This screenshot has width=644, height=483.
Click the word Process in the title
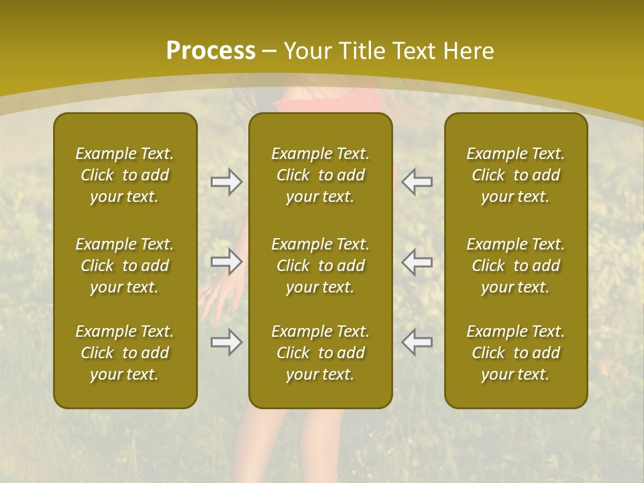pyautogui.click(x=211, y=51)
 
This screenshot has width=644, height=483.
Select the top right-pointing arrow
pyautogui.click(x=226, y=182)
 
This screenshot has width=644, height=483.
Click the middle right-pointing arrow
pyautogui.click(x=226, y=262)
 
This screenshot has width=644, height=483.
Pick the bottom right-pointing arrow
pyautogui.click(x=226, y=342)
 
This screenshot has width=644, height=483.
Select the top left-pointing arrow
pyautogui.click(x=417, y=182)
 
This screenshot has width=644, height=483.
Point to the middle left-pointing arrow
pyautogui.click(x=417, y=262)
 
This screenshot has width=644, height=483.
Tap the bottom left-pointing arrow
pyautogui.click(x=417, y=342)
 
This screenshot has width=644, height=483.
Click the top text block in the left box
pyautogui.click(x=125, y=175)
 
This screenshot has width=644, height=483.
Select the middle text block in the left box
pyautogui.click(x=125, y=266)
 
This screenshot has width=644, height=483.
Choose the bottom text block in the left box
pyautogui.click(x=125, y=353)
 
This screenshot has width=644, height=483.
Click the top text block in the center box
pyautogui.click(x=321, y=175)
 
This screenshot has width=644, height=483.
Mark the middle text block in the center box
pyautogui.click(x=321, y=266)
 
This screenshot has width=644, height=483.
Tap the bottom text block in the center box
pyautogui.click(x=321, y=353)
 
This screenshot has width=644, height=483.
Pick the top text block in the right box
pyautogui.click(x=516, y=175)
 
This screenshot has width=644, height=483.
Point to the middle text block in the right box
pyautogui.click(x=516, y=266)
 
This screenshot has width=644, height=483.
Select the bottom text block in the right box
pyautogui.click(x=516, y=353)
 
